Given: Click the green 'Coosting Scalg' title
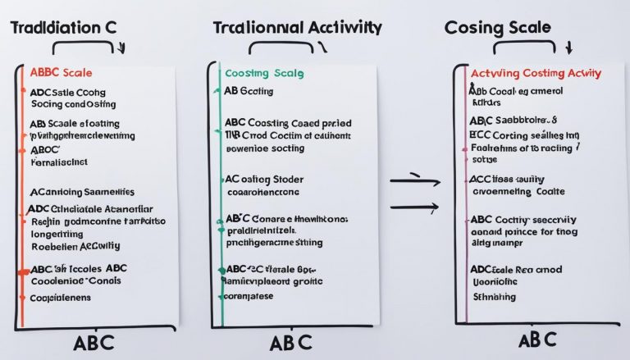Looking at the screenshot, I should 261,72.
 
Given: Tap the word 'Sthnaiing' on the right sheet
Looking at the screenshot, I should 494,297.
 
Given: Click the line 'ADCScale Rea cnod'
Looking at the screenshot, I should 515,269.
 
